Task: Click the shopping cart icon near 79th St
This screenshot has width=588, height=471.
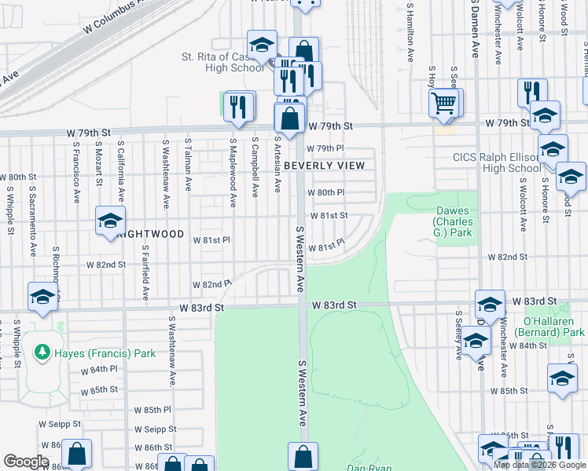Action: tap(444, 102)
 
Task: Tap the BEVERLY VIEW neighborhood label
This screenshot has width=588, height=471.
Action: tap(324, 166)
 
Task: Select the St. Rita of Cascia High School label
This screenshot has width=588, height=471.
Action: tap(222, 62)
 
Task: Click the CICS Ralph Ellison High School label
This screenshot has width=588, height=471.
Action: tap(496, 162)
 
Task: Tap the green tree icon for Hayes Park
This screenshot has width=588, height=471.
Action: tap(43, 353)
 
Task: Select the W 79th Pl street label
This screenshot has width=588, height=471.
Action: tap(326, 148)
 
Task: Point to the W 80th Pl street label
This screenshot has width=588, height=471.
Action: tap(326, 192)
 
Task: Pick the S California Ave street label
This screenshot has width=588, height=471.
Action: tap(121, 171)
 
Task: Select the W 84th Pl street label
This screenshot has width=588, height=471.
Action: tap(103, 369)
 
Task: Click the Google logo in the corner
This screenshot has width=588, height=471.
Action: tap(26, 462)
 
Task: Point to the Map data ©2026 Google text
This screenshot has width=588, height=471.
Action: tap(540, 465)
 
